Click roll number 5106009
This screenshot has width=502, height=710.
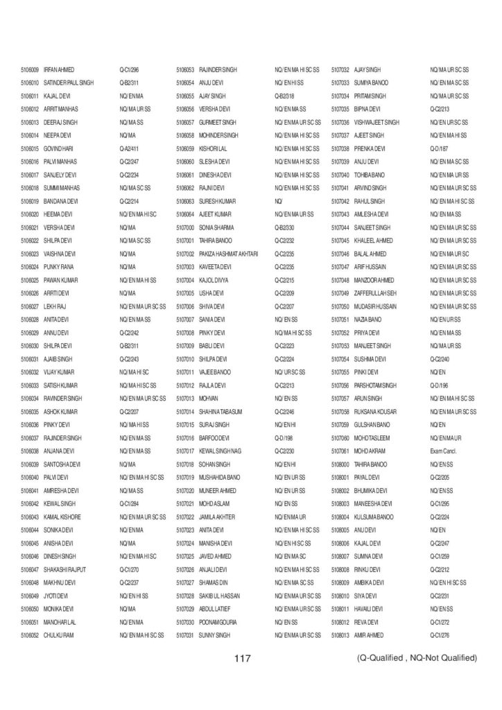(29, 70)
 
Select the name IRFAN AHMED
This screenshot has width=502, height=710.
(59, 70)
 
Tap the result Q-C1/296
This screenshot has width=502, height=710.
(130, 70)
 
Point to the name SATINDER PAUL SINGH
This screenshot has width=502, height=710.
(68, 83)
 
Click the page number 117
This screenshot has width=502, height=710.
(241, 657)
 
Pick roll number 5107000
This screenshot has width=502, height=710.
(185, 227)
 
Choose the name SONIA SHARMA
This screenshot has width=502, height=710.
(216, 227)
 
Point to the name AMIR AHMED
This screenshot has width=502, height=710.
(368, 634)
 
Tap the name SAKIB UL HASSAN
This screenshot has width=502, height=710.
(219, 595)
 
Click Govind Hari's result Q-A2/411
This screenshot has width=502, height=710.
(130, 148)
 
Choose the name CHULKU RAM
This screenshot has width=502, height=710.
(58, 634)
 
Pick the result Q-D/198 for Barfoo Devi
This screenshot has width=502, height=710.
(284, 438)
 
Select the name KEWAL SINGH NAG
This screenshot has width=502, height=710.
(221, 451)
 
